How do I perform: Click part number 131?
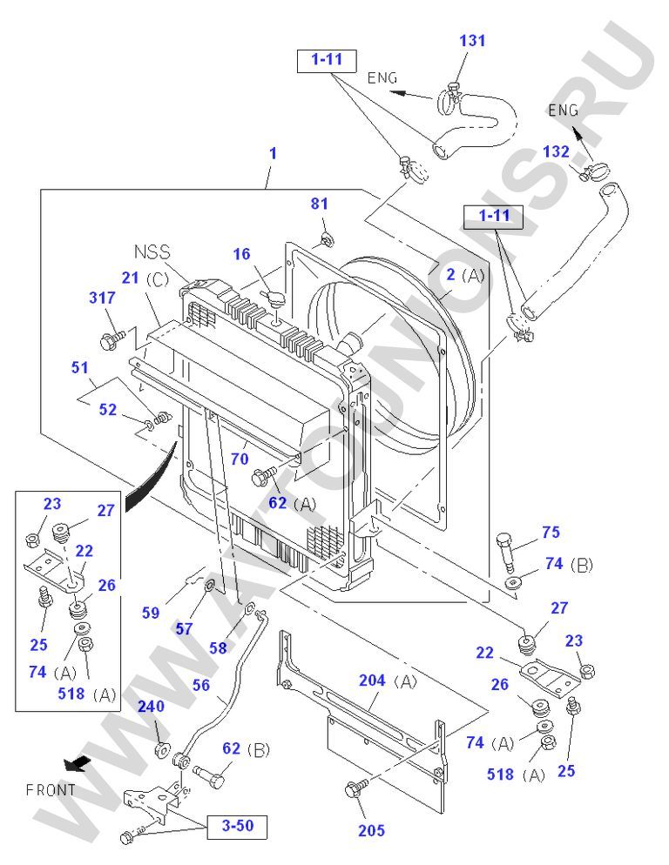pyautogui.click(x=472, y=40)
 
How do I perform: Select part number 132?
pyautogui.click(x=557, y=151)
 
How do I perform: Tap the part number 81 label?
pyautogui.click(x=320, y=204)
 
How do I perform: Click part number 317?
pyautogui.click(x=102, y=298)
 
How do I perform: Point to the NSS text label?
pyautogui.click(x=152, y=252)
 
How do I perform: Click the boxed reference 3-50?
pyautogui.click(x=238, y=825)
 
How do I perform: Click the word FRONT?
pyautogui.click(x=51, y=790)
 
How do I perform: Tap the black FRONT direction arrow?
pyautogui.click(x=77, y=763)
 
